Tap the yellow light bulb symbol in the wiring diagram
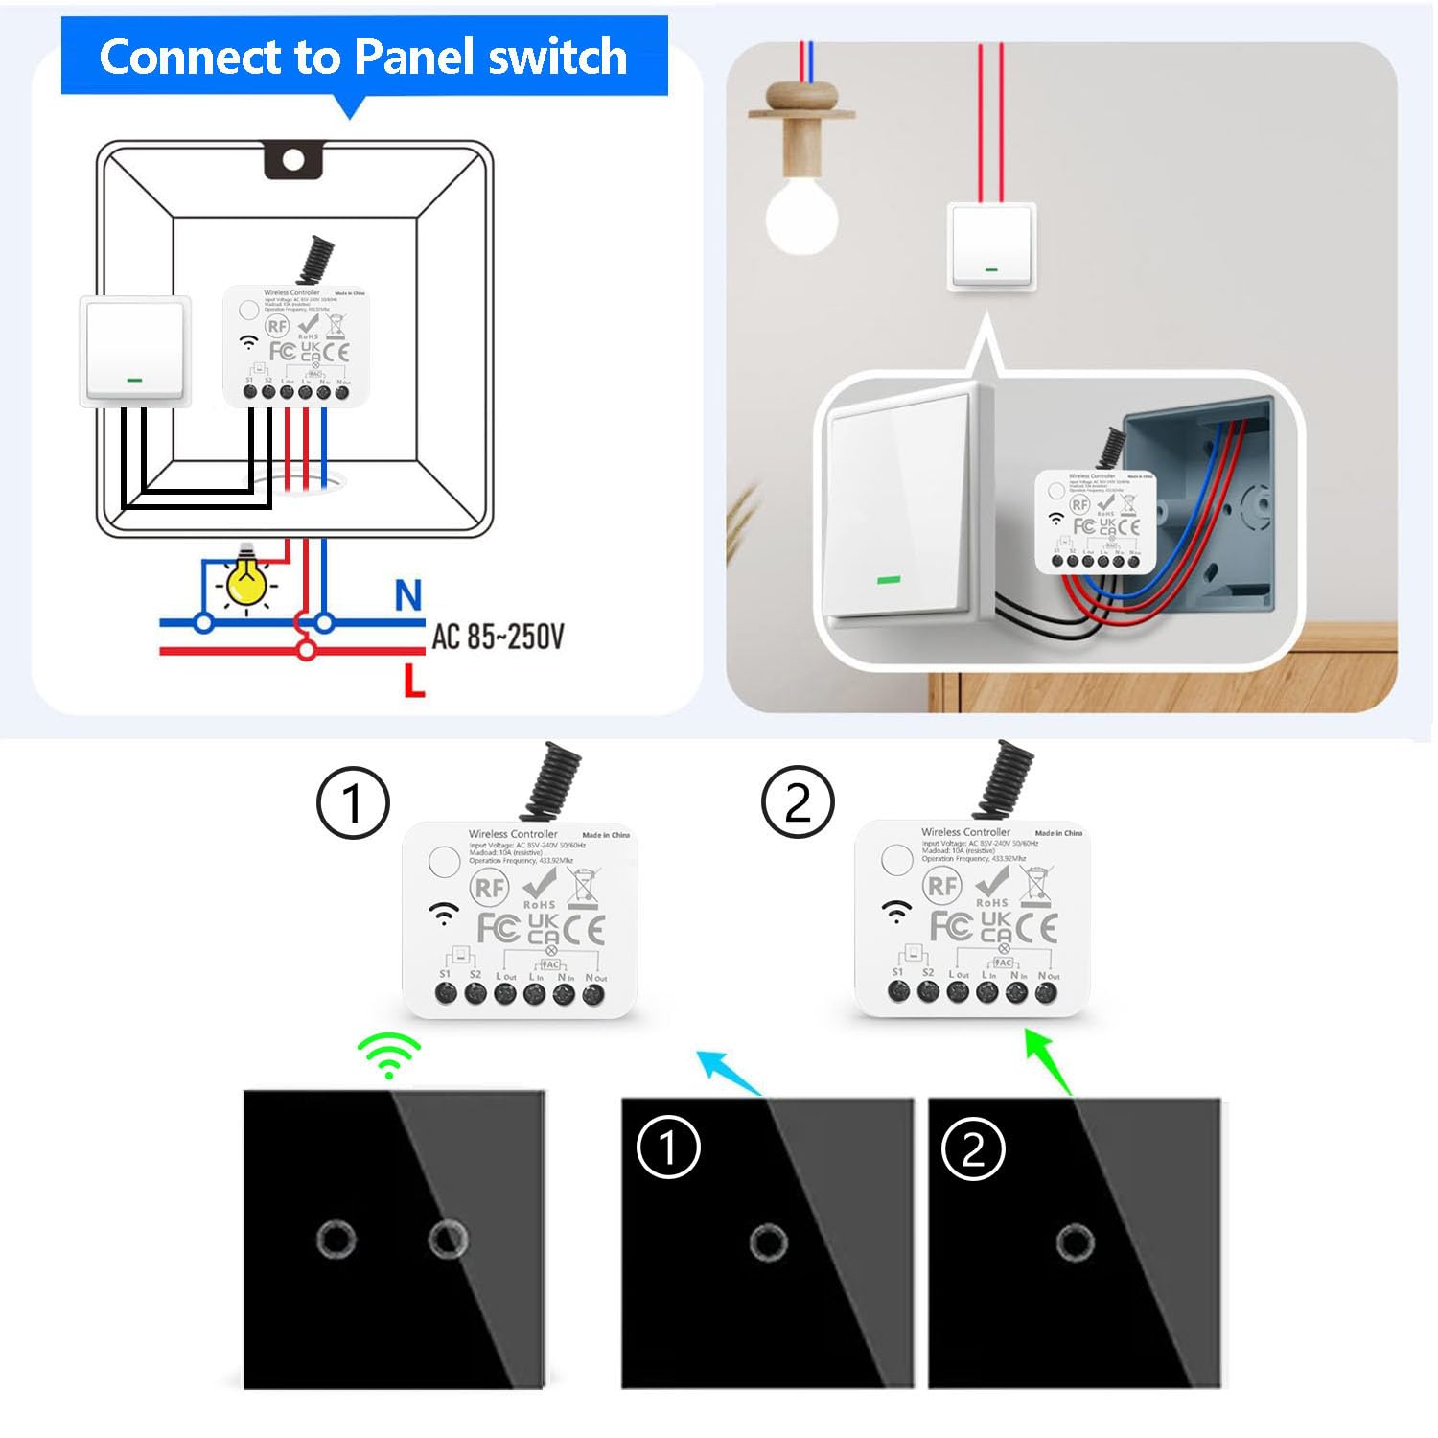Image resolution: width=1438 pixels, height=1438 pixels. (x=246, y=581)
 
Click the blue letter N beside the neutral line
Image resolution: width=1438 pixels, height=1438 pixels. (x=408, y=595)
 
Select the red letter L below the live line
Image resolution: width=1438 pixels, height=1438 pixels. (x=414, y=681)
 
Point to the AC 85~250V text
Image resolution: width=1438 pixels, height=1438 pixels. (x=498, y=636)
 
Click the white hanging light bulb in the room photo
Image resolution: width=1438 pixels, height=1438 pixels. (x=801, y=217)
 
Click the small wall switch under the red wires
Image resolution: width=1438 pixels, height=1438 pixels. (x=992, y=245)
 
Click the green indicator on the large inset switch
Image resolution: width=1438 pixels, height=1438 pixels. (x=889, y=580)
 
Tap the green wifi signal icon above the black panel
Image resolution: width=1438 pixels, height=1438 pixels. (x=389, y=1056)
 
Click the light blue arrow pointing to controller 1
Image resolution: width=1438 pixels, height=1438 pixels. (x=729, y=1072)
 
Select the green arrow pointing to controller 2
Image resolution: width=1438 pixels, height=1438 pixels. (x=1047, y=1060)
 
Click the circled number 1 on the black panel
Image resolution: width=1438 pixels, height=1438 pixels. (x=668, y=1148)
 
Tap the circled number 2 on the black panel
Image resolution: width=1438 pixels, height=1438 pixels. (x=973, y=1149)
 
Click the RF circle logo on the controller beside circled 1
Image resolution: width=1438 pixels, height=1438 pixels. (x=489, y=887)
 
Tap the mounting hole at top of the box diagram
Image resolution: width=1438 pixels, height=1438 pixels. (x=293, y=160)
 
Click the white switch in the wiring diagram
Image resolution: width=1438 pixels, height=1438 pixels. (x=134, y=349)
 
